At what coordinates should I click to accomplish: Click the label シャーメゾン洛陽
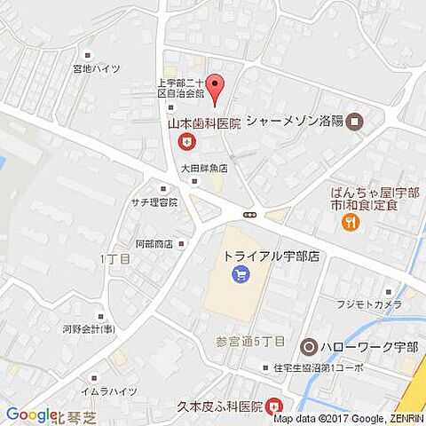click(x=295, y=121)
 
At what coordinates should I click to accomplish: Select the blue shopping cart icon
click(x=240, y=275)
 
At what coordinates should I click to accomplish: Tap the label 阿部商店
click(x=153, y=243)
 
